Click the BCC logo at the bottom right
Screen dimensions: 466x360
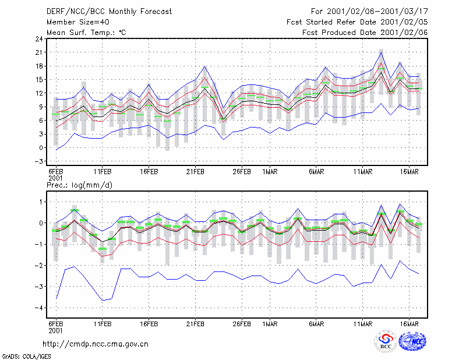pyautogui.click(x=386, y=341)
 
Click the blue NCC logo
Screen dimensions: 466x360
pyautogui.click(x=412, y=341)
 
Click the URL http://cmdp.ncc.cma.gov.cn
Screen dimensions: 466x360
pyautogui.click(x=96, y=344)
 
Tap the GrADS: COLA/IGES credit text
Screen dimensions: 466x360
pyautogui.click(x=26, y=357)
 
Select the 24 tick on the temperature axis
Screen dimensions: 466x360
pyautogui.click(x=39, y=39)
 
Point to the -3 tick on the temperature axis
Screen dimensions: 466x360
pyautogui.click(x=38, y=161)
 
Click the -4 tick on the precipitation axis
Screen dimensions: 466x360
pyautogui.click(x=38, y=308)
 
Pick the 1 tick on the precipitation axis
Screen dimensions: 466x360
pyautogui.click(x=41, y=202)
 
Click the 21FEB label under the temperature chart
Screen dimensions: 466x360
pyautogui.click(x=195, y=172)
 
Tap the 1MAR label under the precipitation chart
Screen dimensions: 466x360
pyautogui.click(x=270, y=324)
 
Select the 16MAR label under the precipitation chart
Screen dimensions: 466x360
pyautogui.click(x=409, y=324)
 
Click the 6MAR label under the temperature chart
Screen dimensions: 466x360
pyautogui.click(x=316, y=172)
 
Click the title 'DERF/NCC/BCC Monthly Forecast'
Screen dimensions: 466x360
pyautogui.click(x=109, y=12)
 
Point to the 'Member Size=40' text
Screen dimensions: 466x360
pyautogui.click(x=78, y=22)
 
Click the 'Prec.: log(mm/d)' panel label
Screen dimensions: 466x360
pyautogui.click(x=79, y=185)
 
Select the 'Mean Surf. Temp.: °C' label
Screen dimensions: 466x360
pyautogui.click(x=86, y=33)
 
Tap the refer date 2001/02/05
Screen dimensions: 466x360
pyautogui.click(x=404, y=22)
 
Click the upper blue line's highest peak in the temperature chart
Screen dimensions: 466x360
pyautogui.click(x=381, y=52)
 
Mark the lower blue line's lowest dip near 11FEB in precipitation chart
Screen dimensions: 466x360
pyautogui.click(x=103, y=300)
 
